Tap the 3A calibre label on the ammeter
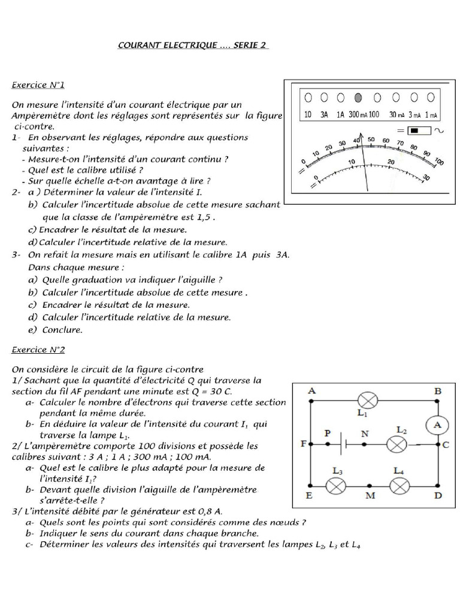pos(324,114)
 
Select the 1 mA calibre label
pos(431,114)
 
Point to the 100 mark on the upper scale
pos(439,162)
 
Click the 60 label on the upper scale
pos(385,141)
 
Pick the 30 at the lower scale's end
pos(426,177)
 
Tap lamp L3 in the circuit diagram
pos(337,485)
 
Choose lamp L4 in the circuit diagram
pos(400,485)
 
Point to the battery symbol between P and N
pos(346,445)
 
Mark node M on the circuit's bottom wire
pos(370,486)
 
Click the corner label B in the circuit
pos(438,391)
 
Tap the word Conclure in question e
pos(62,329)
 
